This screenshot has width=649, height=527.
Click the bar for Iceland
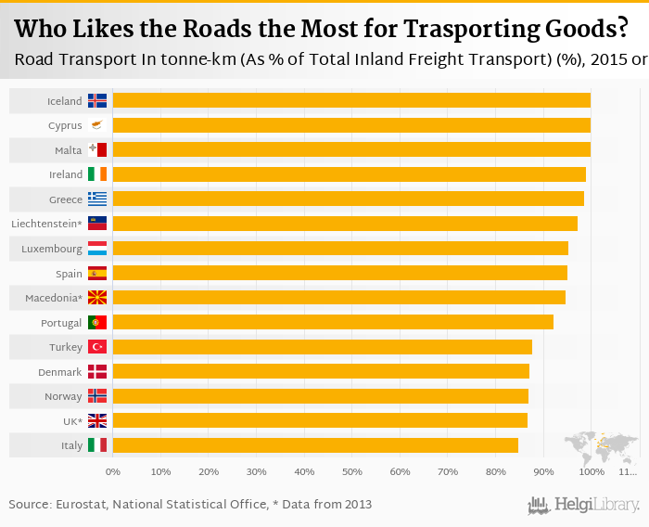(x=351, y=100)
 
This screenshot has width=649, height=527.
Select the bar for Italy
(x=315, y=445)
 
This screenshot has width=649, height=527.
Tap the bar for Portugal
(x=333, y=322)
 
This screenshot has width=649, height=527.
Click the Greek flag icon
(x=97, y=199)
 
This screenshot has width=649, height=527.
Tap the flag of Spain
(x=97, y=273)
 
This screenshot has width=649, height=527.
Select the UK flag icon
(x=97, y=420)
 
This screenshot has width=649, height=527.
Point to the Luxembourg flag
(x=97, y=249)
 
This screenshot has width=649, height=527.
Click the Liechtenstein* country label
(x=46, y=224)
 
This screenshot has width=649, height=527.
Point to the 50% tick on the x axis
(x=351, y=472)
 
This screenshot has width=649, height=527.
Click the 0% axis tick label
(x=113, y=472)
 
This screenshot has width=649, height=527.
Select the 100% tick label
(x=591, y=472)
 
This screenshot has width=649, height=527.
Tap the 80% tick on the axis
(x=495, y=472)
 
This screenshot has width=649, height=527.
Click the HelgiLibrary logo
(x=584, y=505)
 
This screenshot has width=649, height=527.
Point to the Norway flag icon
(x=97, y=396)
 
